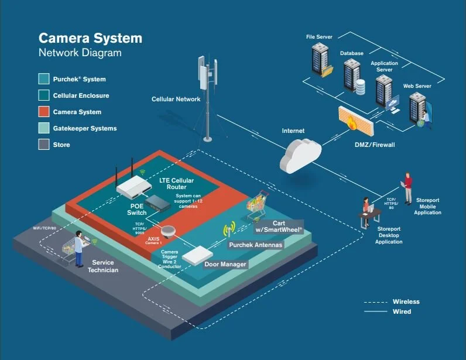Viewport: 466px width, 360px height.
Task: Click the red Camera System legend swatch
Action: [x=44, y=112]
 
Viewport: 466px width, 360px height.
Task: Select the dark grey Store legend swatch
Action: [x=44, y=145]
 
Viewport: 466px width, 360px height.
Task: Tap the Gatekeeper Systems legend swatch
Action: [x=44, y=128]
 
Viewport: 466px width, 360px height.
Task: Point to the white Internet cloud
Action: [x=300, y=153]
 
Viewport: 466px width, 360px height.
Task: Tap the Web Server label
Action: [x=417, y=86]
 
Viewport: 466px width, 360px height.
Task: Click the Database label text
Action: [x=352, y=53]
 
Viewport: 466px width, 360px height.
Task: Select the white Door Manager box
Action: [x=197, y=253]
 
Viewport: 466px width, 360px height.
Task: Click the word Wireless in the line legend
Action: [x=406, y=302]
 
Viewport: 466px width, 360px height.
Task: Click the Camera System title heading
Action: [x=90, y=38]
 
